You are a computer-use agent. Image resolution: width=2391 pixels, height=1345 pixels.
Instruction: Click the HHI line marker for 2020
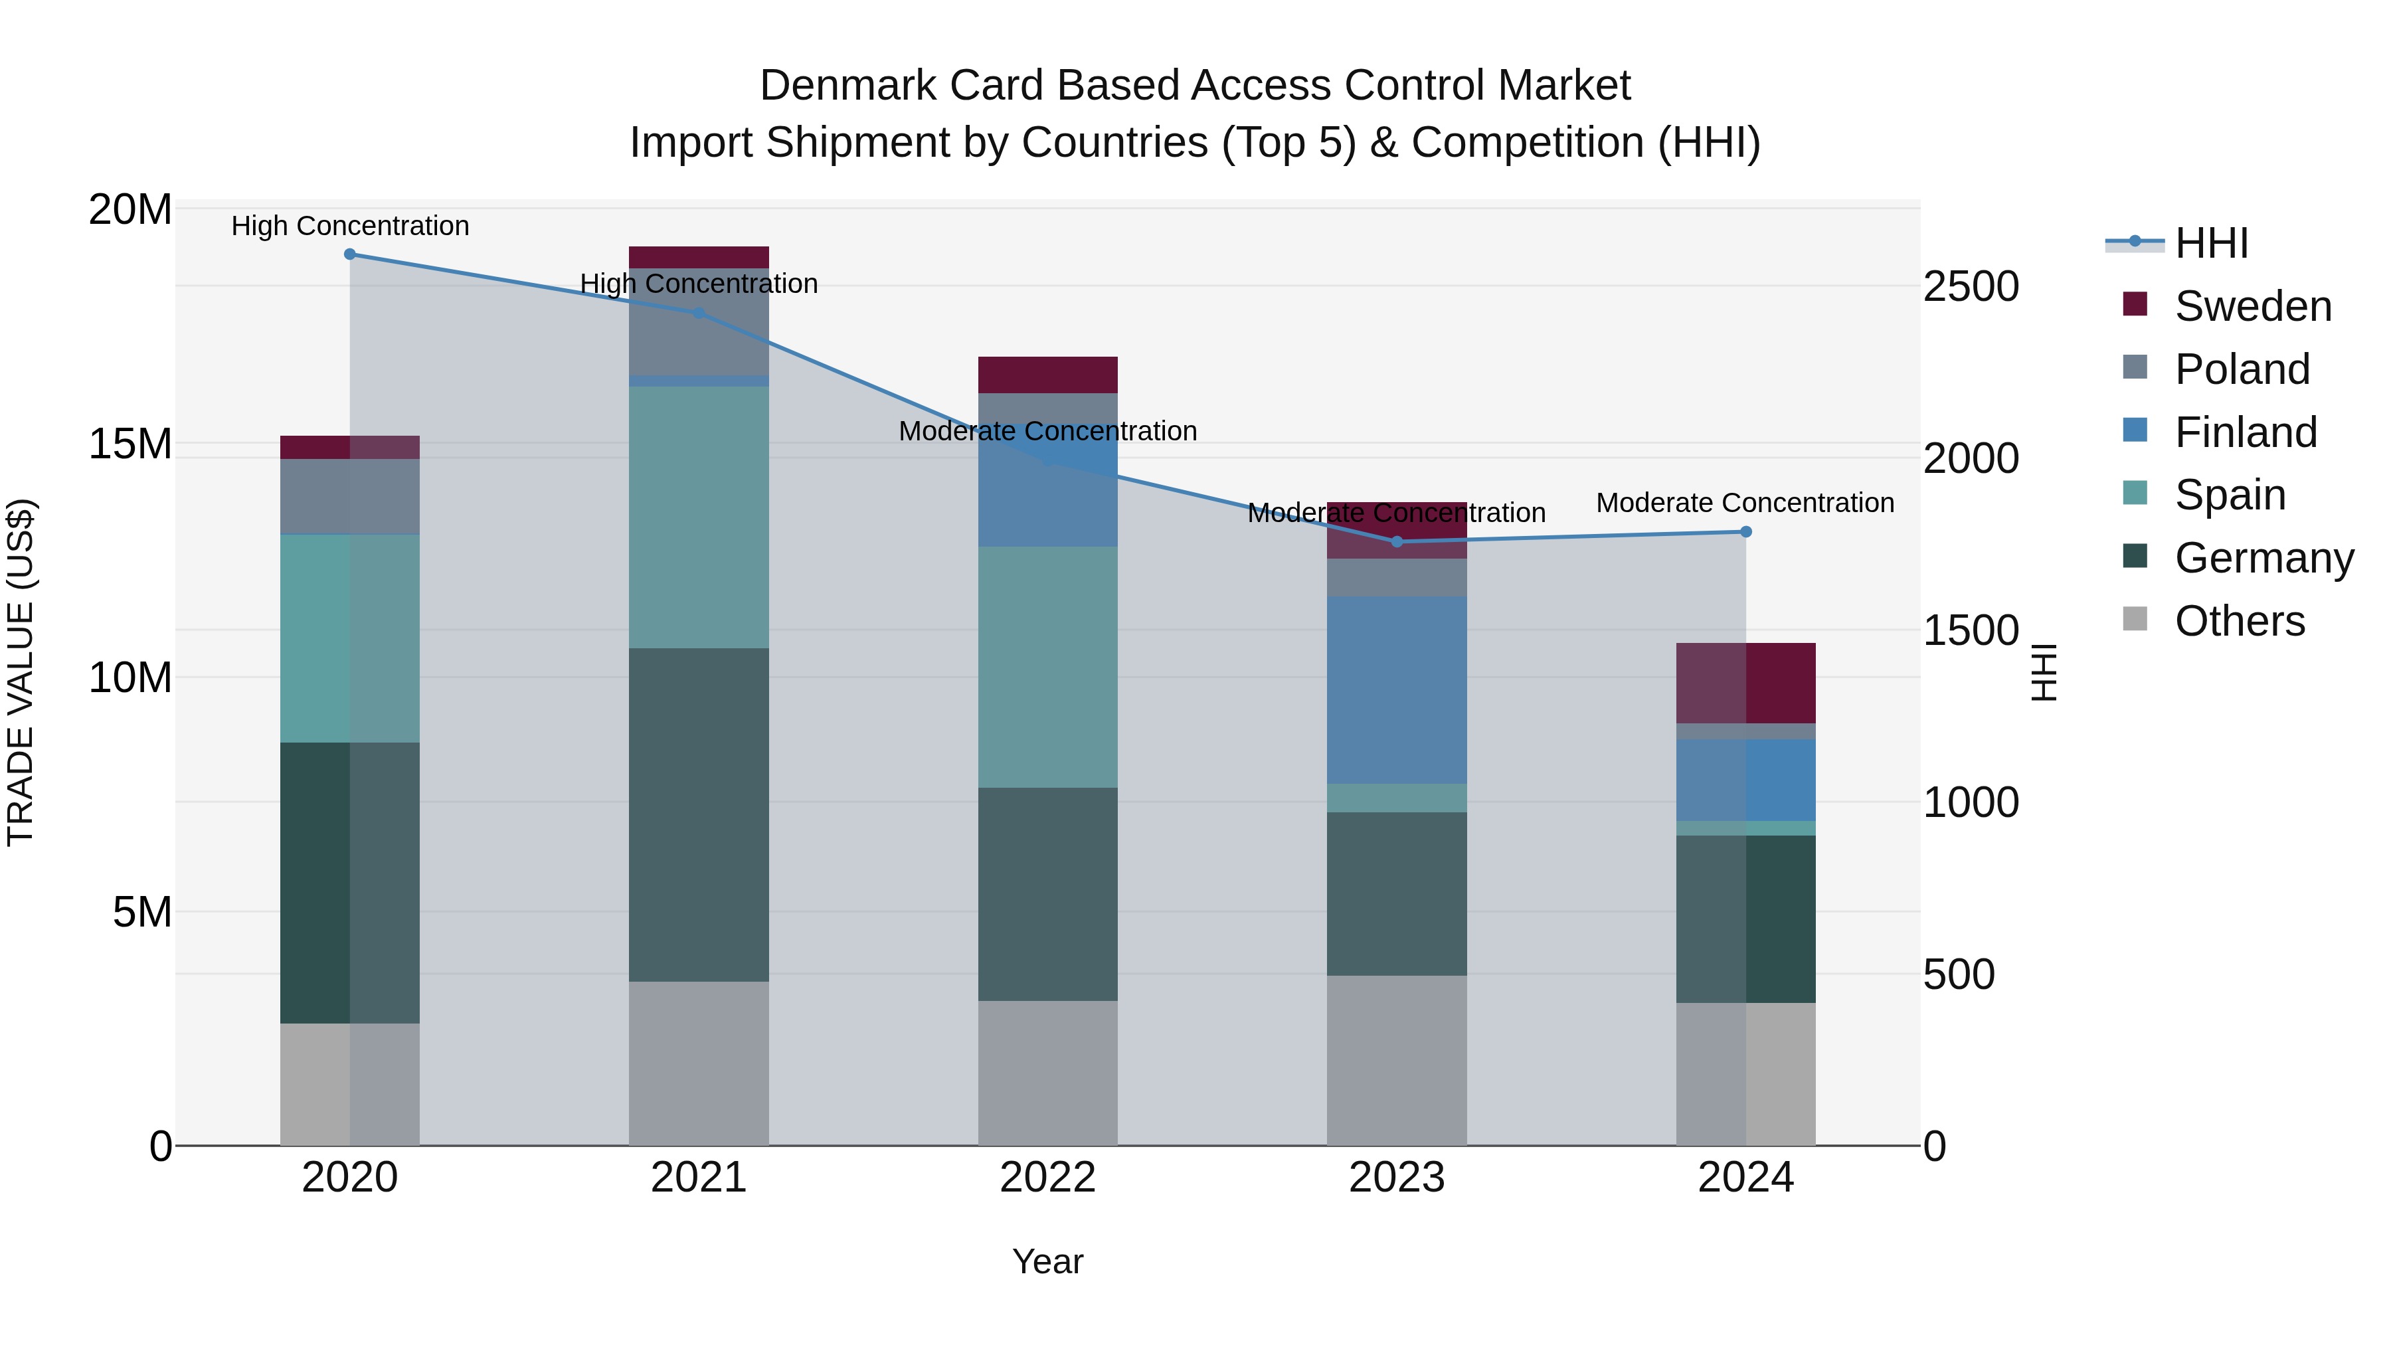[350, 254]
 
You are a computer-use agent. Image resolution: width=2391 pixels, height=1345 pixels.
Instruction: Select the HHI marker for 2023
[1396, 541]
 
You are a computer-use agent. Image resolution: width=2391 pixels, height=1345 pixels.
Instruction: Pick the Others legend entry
[2239, 621]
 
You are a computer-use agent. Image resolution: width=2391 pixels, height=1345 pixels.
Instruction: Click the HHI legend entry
[2211, 243]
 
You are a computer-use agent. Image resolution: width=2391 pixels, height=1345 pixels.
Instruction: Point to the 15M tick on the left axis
[130, 444]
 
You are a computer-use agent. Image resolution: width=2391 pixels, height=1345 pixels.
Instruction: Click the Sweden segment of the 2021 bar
[699, 257]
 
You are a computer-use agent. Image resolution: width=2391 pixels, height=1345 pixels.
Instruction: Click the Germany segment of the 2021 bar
[699, 814]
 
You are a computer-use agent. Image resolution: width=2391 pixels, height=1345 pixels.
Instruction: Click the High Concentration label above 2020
[350, 226]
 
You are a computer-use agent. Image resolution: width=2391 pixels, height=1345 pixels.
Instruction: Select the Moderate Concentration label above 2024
[1745, 502]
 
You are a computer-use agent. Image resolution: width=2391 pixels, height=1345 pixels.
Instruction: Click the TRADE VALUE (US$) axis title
[21, 672]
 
